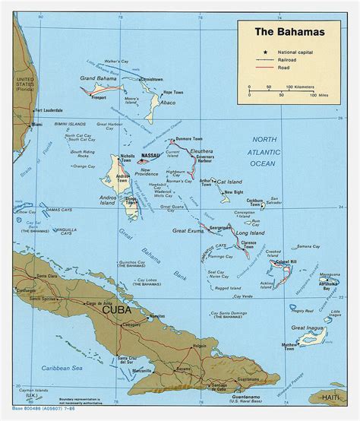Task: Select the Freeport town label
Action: click(98, 98)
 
